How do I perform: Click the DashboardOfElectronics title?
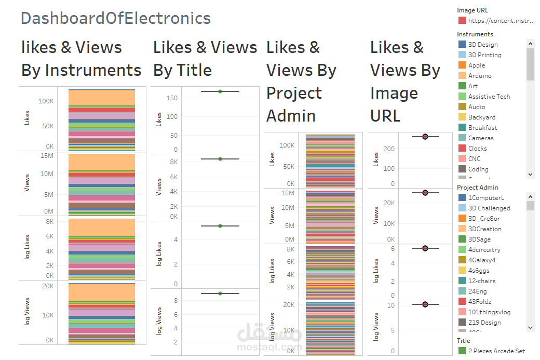coord(115,19)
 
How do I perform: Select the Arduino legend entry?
coord(479,76)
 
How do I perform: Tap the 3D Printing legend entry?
coord(484,55)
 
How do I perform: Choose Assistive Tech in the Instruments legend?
coord(489,97)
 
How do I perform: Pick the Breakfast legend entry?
coord(482,128)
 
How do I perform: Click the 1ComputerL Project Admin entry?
coord(485,198)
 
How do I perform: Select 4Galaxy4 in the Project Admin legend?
coord(481,260)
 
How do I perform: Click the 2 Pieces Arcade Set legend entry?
coord(496,351)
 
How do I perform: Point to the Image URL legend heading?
coord(472,10)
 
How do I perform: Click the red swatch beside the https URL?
coord(462,21)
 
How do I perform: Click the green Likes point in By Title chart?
coord(220,91)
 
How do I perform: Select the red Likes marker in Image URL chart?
coord(425,137)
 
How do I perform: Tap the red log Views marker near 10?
coord(425,304)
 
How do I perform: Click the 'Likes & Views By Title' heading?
coord(205,59)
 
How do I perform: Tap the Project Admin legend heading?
coord(477,188)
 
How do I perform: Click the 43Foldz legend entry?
coord(479,302)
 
